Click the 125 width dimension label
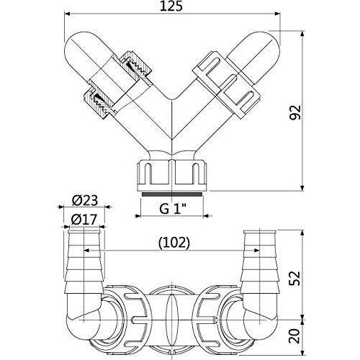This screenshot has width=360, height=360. (171, 6)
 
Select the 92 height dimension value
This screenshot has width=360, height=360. (295, 112)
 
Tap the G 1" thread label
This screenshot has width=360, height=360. (173, 209)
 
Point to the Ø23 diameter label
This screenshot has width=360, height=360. (85, 201)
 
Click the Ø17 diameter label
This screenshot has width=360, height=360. (84, 219)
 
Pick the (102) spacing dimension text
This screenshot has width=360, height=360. (174, 243)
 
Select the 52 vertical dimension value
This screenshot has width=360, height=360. (295, 278)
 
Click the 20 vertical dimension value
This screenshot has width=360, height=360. (295, 336)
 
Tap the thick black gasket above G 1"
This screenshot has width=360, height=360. (171, 194)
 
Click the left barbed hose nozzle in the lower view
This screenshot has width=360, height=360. (84, 263)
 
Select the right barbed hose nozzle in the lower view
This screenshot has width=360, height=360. (259, 263)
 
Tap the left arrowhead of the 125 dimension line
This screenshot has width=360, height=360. (67, 14)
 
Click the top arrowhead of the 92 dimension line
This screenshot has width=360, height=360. (302, 35)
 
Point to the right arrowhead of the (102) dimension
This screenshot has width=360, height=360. (256, 251)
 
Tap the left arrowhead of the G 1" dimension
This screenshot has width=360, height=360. (138, 216)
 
